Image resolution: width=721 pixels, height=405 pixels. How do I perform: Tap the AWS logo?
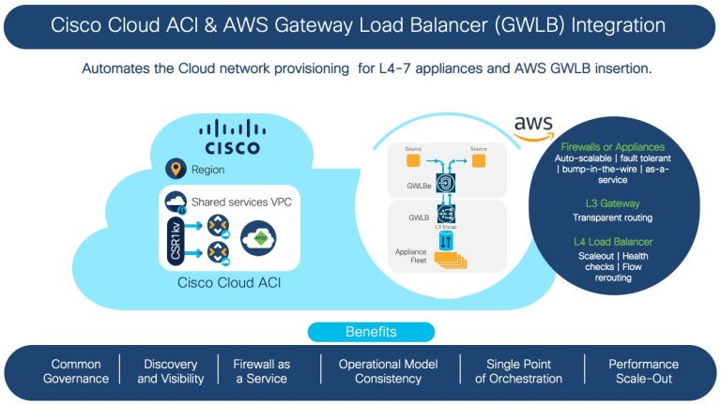click(533, 127)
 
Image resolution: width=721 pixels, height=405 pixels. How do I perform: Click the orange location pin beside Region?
click(174, 170)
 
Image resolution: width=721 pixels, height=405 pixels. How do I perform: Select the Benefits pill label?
click(371, 331)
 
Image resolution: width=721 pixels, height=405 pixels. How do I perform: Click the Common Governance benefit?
click(76, 371)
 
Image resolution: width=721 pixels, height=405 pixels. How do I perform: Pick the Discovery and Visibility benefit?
click(170, 371)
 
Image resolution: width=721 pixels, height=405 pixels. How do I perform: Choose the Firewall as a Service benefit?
click(261, 371)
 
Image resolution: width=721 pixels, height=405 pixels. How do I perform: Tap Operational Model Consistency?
click(388, 371)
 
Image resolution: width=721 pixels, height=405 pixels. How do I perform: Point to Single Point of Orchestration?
click(518, 371)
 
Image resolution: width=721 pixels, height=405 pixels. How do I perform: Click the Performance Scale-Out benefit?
click(643, 371)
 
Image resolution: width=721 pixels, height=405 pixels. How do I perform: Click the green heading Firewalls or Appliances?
click(612, 147)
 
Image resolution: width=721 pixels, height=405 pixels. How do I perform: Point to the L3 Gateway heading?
click(612, 202)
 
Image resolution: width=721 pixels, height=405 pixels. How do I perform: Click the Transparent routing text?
click(612, 217)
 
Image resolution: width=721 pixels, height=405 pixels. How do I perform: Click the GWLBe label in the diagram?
click(417, 186)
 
